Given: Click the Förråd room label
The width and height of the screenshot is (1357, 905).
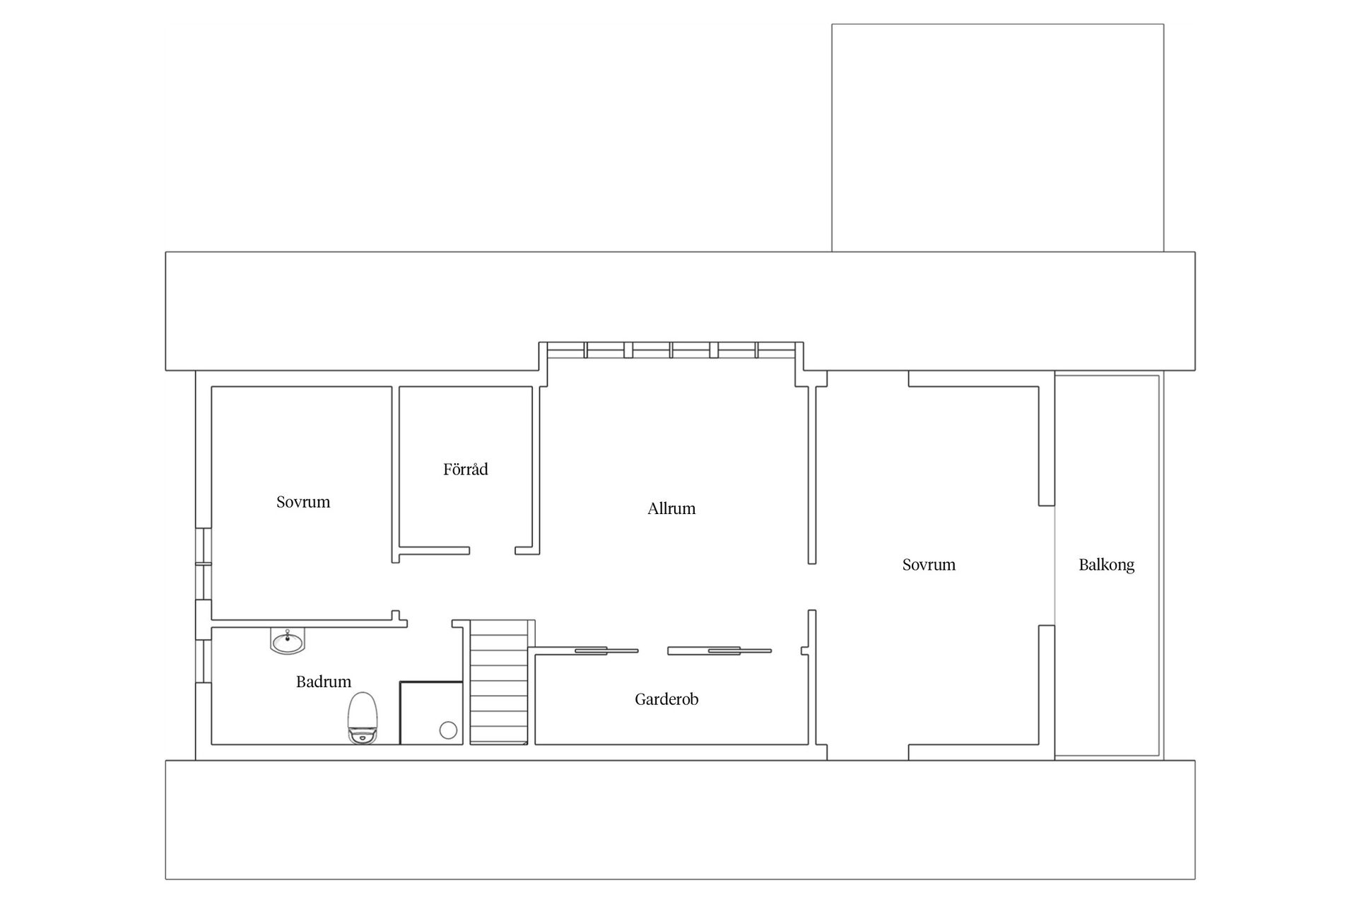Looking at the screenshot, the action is tap(465, 469).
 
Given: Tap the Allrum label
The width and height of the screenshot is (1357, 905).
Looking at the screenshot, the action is tap(671, 508).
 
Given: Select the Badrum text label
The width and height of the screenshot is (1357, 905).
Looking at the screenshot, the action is tap(323, 682).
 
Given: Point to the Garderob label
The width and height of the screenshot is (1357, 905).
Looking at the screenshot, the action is tap(666, 699).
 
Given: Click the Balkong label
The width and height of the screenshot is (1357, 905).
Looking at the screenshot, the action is tap(1107, 565).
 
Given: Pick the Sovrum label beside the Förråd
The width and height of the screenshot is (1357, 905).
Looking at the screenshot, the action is tap(303, 502).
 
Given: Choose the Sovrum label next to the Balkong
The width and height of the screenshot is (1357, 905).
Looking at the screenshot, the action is tap(929, 565).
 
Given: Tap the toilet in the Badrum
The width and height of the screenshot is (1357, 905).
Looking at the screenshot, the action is tap(363, 717).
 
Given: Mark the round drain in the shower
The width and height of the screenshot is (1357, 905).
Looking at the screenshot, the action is tap(448, 730).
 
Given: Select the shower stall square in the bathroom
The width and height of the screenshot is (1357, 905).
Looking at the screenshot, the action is tap(431, 713).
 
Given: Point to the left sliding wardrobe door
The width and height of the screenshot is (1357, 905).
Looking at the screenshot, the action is tap(606, 650).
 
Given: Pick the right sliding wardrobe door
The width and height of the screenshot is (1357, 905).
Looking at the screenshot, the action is tap(719, 650).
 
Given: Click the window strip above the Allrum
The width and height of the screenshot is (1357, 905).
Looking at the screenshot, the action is tap(671, 350).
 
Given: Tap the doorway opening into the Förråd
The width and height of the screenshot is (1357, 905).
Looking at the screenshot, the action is tap(492, 550).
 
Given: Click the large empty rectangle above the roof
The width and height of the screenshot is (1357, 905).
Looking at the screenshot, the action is tap(997, 138).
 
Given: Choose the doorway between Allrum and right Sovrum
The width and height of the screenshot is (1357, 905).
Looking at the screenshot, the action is tap(812, 586).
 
